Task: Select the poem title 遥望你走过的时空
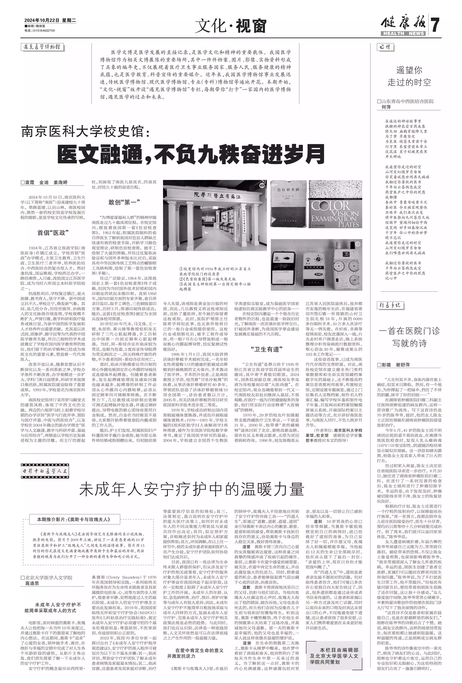tap(409, 76)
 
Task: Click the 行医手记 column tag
tap(390, 305)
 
